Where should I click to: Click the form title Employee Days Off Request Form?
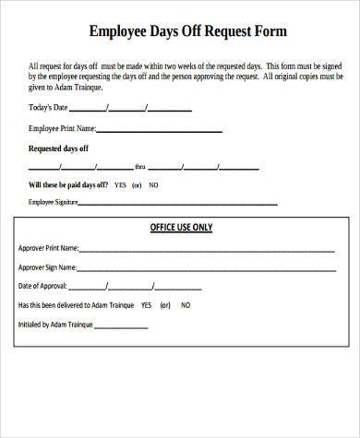187,31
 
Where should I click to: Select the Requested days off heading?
59,148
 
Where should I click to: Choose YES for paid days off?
120,184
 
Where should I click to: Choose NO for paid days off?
153,184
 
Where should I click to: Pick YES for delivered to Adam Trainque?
145,305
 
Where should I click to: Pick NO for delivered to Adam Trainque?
186,305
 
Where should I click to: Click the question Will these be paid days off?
68,184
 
